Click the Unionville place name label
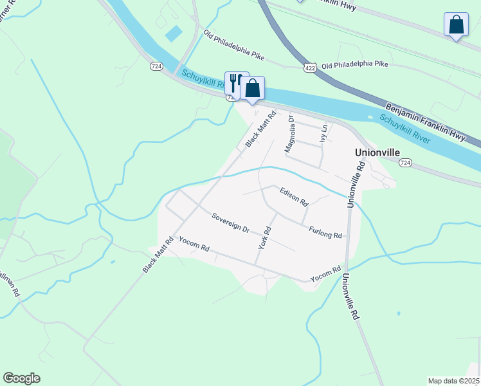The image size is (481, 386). pyautogui.click(x=377, y=152)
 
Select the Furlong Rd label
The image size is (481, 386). pyautogui.click(x=325, y=232)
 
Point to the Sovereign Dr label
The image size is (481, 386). pyautogui.click(x=230, y=222)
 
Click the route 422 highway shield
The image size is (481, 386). pyautogui.click(x=310, y=67)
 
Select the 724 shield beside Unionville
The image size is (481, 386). pyautogui.click(x=404, y=163)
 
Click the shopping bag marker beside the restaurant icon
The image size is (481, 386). pyautogui.click(x=253, y=88)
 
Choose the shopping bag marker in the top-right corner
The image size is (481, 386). pyautogui.click(x=456, y=25)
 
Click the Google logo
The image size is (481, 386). pyautogui.click(x=21, y=378)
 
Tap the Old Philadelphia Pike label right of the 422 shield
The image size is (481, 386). pyautogui.click(x=355, y=65)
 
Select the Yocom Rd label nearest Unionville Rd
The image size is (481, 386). pyautogui.click(x=325, y=274)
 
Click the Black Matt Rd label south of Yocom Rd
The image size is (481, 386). pyautogui.click(x=159, y=255)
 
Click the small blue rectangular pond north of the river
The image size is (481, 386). pyautogui.click(x=174, y=33)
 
